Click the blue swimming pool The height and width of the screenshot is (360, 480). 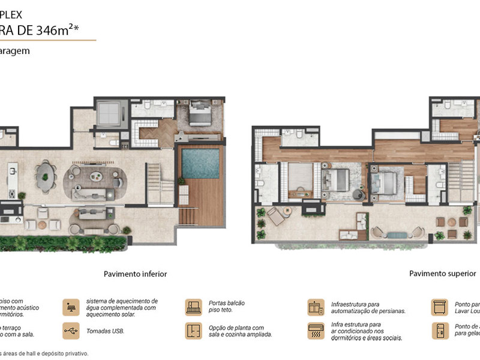pos(200,163)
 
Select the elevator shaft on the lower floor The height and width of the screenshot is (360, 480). pos(109,112)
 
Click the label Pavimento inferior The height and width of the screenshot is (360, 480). pos(135,274)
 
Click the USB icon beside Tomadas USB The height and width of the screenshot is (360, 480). pos(70,330)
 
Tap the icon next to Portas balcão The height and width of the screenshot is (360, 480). pos(193,307)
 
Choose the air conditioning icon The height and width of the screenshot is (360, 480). pos(316,330)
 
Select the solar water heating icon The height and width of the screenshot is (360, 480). pos(70,307)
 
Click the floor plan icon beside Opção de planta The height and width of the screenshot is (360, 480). pos(193,330)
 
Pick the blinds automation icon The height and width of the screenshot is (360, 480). pos(316,307)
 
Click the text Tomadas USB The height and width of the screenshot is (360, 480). pos(101,330)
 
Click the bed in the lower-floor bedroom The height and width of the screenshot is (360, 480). pos(199,112)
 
